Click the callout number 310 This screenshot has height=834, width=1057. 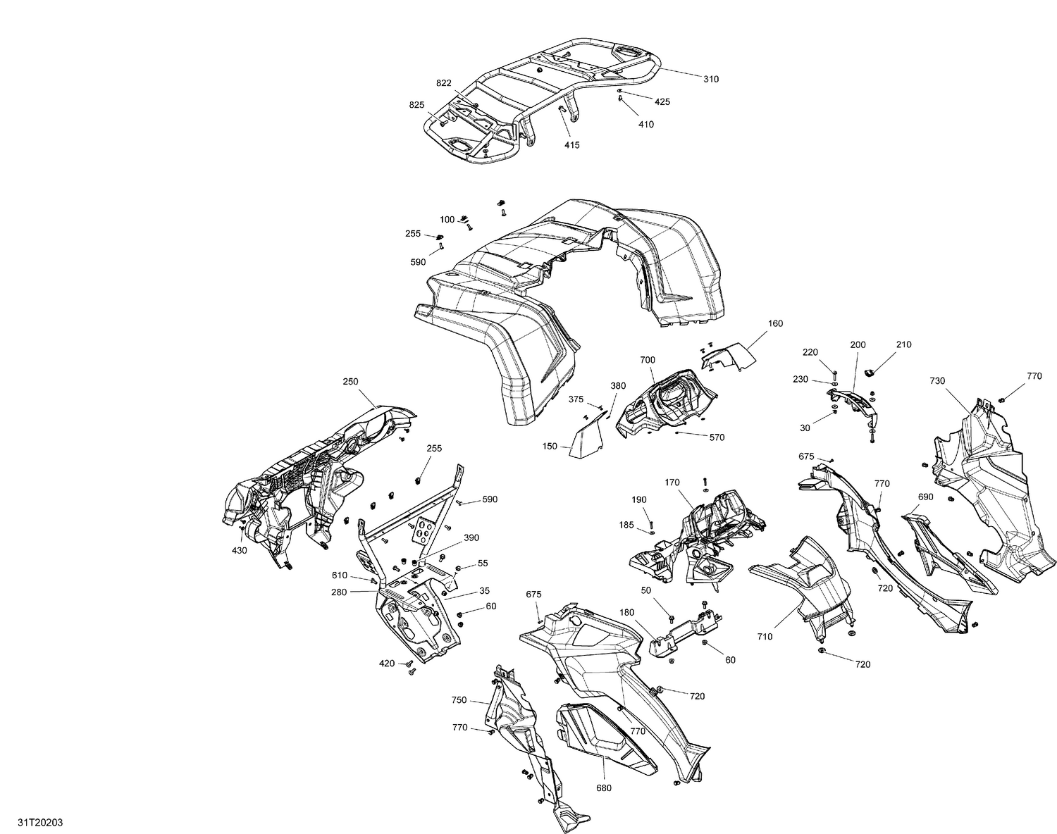(711, 79)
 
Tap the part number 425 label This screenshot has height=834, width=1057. (662, 101)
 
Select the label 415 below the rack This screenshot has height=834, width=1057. (571, 145)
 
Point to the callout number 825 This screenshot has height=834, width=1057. (416, 105)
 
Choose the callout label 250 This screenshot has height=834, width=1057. (350, 382)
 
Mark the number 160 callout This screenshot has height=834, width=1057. (775, 323)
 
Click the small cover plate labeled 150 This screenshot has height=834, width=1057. (585, 440)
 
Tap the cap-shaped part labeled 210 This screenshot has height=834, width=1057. (870, 371)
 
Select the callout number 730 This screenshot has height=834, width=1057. (937, 380)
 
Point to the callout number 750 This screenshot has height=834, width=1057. (459, 700)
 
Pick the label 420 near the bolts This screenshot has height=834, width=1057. (387, 663)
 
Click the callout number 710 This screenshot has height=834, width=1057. (765, 636)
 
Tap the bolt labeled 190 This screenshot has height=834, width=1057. (650, 522)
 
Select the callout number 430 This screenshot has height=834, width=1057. (240, 550)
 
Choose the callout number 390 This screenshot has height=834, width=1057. (471, 537)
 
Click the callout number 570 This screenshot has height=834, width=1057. (717, 437)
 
